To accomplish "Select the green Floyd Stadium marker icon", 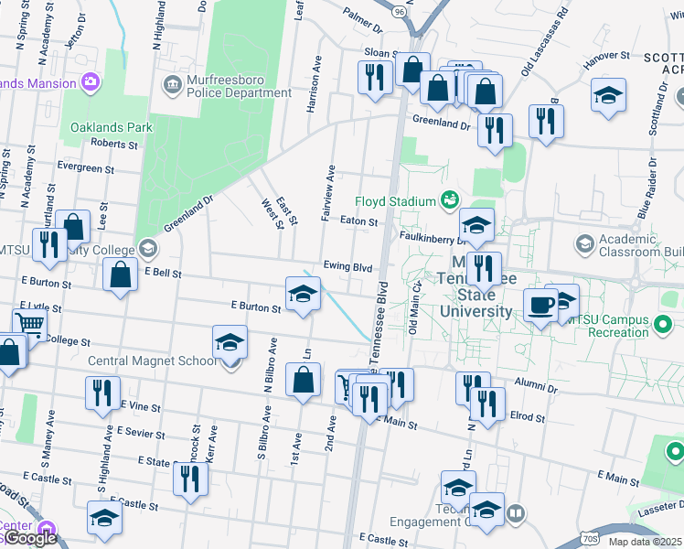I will (x=449, y=199).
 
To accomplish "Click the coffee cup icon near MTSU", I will (x=540, y=305).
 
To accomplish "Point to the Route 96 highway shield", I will (x=399, y=13).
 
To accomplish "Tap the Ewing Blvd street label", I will (x=347, y=267).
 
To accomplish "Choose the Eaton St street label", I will (x=358, y=221).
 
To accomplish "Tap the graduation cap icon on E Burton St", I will (x=303, y=294).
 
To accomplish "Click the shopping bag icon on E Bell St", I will (x=120, y=274).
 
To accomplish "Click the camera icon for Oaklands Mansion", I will (x=91, y=83).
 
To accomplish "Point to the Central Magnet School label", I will (x=153, y=361).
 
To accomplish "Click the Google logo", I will (x=31, y=538).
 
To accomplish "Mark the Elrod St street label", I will (x=528, y=417).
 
